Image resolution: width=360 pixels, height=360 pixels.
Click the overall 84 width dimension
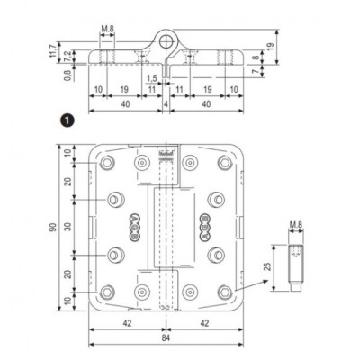click(x=167, y=338)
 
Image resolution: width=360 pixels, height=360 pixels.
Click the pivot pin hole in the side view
click(x=166, y=40)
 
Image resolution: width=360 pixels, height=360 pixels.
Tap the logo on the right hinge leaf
click(x=207, y=224)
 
